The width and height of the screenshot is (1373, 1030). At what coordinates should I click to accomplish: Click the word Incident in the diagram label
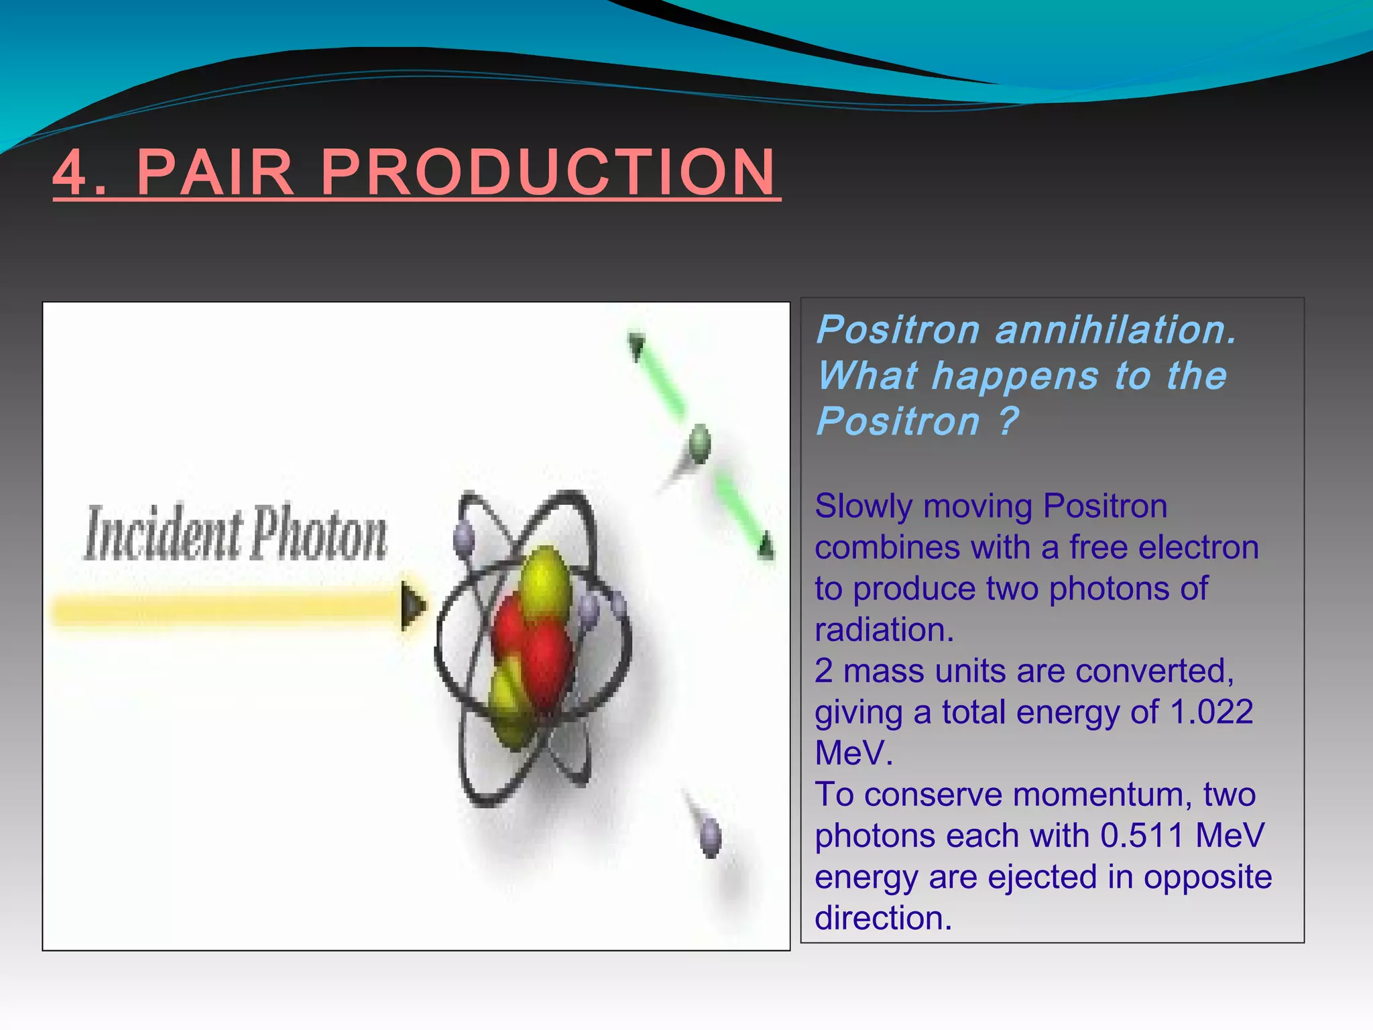[x=163, y=534]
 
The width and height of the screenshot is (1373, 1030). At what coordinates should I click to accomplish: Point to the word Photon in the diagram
[x=319, y=534]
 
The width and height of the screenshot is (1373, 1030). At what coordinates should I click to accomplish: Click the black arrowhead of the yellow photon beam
[x=412, y=606]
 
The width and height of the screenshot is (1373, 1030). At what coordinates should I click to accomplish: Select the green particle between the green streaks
[x=699, y=443]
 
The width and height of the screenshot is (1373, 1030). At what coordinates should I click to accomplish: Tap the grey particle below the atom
[x=710, y=837]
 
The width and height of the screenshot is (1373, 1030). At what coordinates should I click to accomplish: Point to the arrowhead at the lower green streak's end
[x=766, y=547]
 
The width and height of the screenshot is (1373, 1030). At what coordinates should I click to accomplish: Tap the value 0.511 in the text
[x=1142, y=836]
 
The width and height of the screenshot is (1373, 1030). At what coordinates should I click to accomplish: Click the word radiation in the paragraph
[x=884, y=630]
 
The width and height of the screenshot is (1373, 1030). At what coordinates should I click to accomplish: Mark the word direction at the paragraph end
[x=882, y=918]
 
